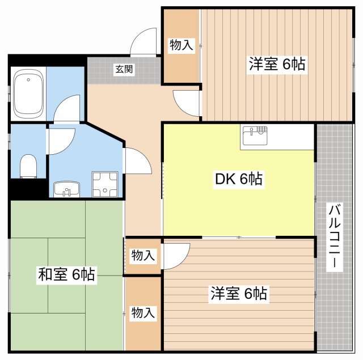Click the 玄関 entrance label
coord(124,69)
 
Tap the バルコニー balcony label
coord(334,237)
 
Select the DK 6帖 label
coord(239,179)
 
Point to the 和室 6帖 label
coord(67,274)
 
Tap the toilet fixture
coord(28,166)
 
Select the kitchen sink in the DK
coord(255,135)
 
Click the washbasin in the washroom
coord(67,189)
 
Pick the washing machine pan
coord(105,184)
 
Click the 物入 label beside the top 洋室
coord(181,45)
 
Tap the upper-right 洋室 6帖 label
coord(277,63)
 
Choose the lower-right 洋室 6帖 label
coord(239,293)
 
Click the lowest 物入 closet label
coord(143,312)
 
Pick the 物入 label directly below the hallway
coord(143,255)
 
